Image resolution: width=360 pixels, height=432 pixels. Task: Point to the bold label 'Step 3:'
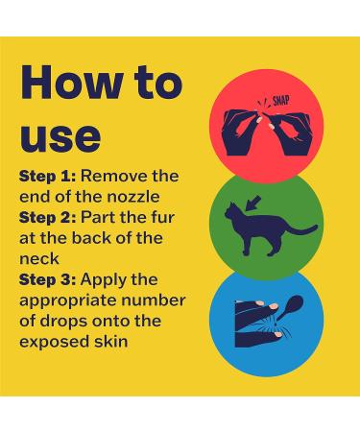[x=48, y=280]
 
